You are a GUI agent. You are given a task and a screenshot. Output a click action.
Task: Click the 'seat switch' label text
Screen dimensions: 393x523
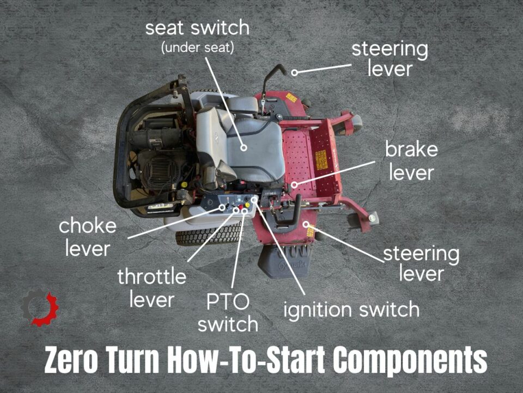point(197,28)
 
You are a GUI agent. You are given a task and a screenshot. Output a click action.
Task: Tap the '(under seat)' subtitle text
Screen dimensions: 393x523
point(197,47)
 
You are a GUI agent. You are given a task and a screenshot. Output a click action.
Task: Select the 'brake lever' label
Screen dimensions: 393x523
point(411,160)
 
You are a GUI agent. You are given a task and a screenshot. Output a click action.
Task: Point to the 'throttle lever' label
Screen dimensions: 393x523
point(151,288)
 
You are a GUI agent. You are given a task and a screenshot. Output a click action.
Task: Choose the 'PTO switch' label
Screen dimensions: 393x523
point(227,313)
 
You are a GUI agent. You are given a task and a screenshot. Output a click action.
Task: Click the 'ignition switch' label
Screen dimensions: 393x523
point(351,309)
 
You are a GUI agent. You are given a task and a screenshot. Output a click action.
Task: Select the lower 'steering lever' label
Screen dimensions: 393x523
point(421,263)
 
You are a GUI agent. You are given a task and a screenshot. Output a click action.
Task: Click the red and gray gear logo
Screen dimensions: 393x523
point(39,309)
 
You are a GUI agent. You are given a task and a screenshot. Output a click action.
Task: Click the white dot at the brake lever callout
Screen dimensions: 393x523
point(294,184)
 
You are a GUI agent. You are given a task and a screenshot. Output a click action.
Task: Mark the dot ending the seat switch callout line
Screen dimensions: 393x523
point(245,147)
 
